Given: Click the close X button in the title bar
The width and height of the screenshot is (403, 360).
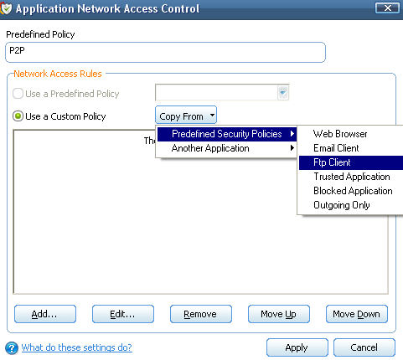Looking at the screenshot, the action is tap(387, 8).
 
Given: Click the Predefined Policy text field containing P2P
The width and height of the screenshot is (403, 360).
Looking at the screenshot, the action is tap(165, 52).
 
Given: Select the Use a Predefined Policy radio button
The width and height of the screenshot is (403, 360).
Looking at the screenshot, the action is tap(18, 94).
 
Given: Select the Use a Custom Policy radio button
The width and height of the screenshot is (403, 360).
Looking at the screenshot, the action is tap(18, 116).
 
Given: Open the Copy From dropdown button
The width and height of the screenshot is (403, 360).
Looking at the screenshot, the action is tap(186, 116).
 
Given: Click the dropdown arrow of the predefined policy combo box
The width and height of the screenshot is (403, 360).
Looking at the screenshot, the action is tap(283, 92).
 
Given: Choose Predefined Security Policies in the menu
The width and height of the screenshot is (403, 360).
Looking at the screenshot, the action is tap(227, 134).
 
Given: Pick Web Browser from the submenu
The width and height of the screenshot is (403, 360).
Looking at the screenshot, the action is tap(340, 134).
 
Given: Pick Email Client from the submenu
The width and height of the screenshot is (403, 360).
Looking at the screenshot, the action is tap(336, 148).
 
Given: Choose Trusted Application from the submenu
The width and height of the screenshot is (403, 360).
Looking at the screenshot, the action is tap(352, 177).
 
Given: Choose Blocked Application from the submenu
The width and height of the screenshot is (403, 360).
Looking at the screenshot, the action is tap(353, 191).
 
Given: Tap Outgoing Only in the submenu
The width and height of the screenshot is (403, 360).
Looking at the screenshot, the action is tap(342, 205).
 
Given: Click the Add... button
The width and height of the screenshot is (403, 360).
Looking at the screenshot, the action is tap(45, 314).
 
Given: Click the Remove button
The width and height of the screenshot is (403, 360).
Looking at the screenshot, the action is tap(201, 314).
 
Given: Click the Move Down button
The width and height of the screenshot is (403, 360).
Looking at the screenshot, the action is tap(357, 314).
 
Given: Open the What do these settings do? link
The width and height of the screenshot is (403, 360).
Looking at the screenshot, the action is tap(77, 347).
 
